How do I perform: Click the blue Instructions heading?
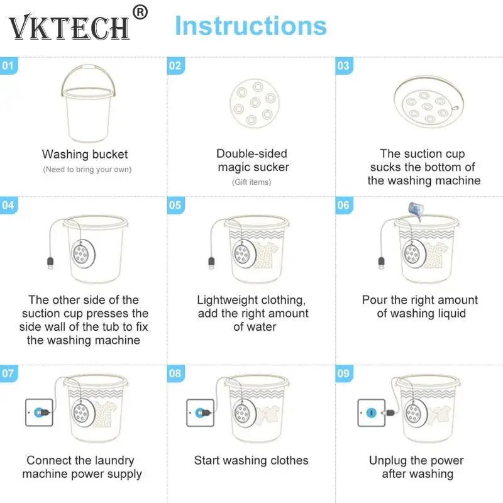click(x=251, y=26)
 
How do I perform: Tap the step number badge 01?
click(x=8, y=66)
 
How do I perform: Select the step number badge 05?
click(x=175, y=205)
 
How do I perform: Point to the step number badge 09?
click(x=344, y=373)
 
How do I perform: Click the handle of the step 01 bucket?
click(x=88, y=68)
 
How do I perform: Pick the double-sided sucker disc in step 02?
click(x=255, y=103)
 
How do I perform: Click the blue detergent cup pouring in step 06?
click(x=415, y=210)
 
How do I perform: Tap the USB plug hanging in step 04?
click(x=50, y=263)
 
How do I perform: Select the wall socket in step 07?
click(x=39, y=412)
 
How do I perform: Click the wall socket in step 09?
click(x=372, y=412)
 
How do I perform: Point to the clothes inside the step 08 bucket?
click(x=268, y=414)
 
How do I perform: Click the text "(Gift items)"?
click(x=251, y=182)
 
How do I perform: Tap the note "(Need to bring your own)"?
click(x=87, y=169)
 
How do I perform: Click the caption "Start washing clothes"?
click(x=251, y=460)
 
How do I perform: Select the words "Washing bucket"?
click(x=85, y=154)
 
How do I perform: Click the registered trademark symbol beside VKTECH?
click(x=140, y=12)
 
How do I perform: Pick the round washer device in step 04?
click(x=83, y=253)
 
